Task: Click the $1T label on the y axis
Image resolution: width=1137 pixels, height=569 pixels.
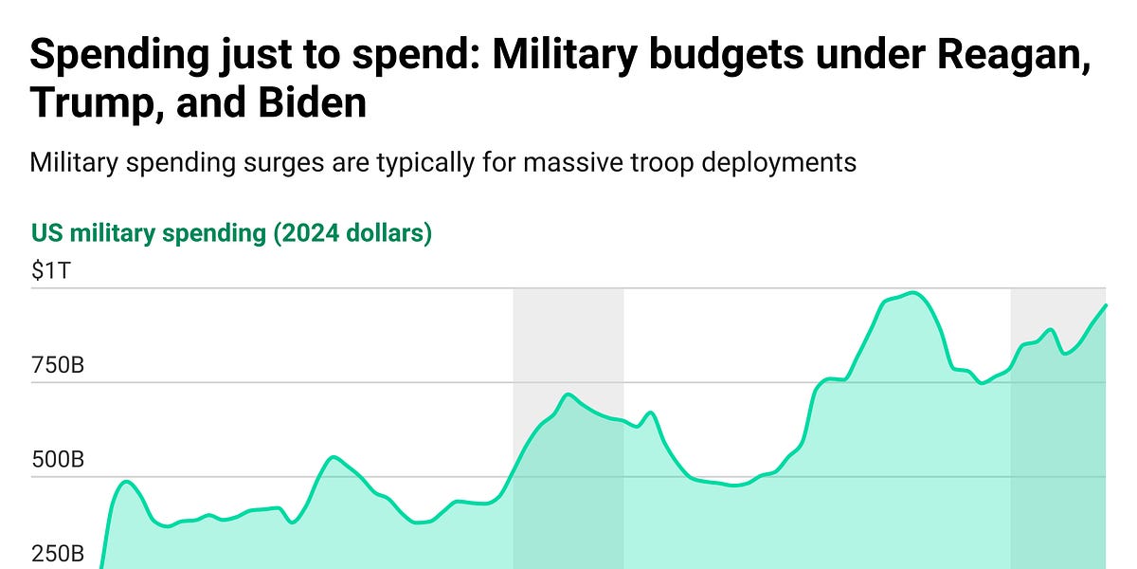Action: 50,270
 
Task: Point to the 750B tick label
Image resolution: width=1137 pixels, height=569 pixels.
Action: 58,364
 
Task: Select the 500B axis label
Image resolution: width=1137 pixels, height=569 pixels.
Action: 58,460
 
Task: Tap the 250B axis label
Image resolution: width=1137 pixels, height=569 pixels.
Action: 58,554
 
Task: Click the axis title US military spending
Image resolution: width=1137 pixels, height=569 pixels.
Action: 149,233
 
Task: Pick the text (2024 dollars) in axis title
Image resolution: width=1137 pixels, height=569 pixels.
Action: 352,233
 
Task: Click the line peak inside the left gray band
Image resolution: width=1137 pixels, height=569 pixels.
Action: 567,395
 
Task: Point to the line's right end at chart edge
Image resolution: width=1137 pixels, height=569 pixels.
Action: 1105,305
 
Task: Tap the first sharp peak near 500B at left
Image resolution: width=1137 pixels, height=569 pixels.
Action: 126,482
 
